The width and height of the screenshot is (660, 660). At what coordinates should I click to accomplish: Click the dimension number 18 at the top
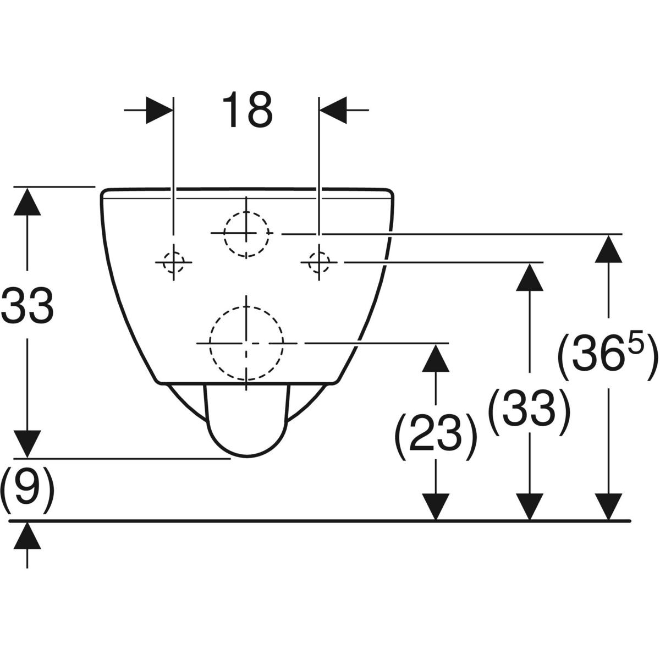[248, 111]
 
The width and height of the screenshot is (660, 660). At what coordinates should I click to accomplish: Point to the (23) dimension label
[435, 438]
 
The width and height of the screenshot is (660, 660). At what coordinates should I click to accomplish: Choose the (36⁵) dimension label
[608, 359]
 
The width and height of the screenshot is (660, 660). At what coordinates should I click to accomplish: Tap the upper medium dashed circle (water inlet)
[247, 233]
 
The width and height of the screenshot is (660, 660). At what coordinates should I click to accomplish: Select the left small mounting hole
[174, 262]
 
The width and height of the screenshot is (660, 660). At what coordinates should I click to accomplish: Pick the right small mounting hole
[318, 262]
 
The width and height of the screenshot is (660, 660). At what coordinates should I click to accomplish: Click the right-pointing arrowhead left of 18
[159, 110]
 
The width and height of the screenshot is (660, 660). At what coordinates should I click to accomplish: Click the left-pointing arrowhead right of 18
[333, 110]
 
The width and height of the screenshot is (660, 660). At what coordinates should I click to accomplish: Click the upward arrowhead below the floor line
[28, 536]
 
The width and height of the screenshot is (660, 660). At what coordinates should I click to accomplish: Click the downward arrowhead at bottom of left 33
[28, 443]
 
